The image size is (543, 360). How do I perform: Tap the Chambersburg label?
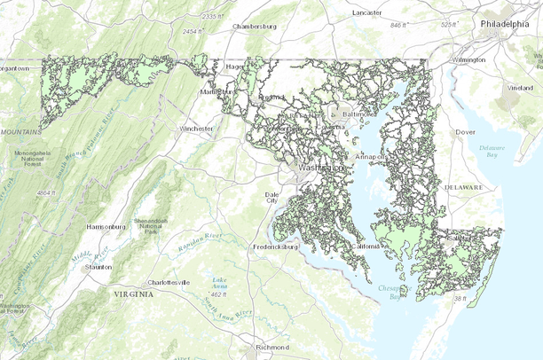[x=255, y=27]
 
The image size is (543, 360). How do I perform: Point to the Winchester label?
[x=196, y=129]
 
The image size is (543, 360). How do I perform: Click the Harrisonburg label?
[x=104, y=227]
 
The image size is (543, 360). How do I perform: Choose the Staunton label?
[x=98, y=266]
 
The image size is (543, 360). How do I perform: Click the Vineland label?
[x=520, y=88]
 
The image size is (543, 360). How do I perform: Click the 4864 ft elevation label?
[x=46, y=192]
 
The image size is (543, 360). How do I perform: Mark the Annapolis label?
[x=369, y=157]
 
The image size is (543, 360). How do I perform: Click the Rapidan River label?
[x=201, y=240]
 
